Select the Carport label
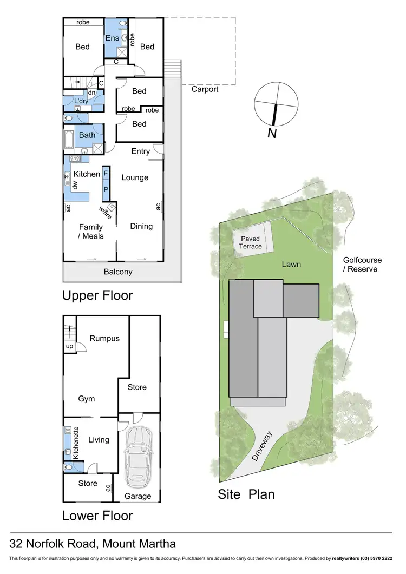(x=204, y=89)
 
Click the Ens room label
(x=112, y=38)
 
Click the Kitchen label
(x=87, y=174)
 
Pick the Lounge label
(x=135, y=177)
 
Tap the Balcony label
(x=118, y=272)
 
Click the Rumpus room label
(x=105, y=339)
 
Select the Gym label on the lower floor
(x=86, y=399)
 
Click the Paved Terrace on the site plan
(x=251, y=242)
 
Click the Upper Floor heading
(x=97, y=295)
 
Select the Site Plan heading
(x=246, y=494)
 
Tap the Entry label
(x=140, y=151)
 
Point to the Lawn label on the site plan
(x=291, y=264)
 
